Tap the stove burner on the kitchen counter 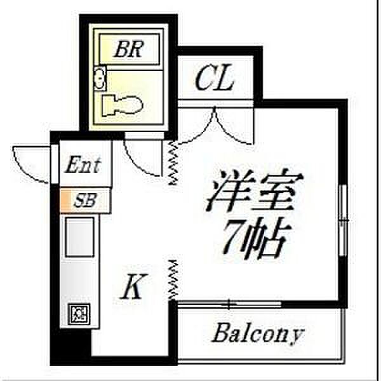(x=79, y=313)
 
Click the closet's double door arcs (x=216, y=124)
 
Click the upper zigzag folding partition (x=173, y=164)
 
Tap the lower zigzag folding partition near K (x=173, y=280)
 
